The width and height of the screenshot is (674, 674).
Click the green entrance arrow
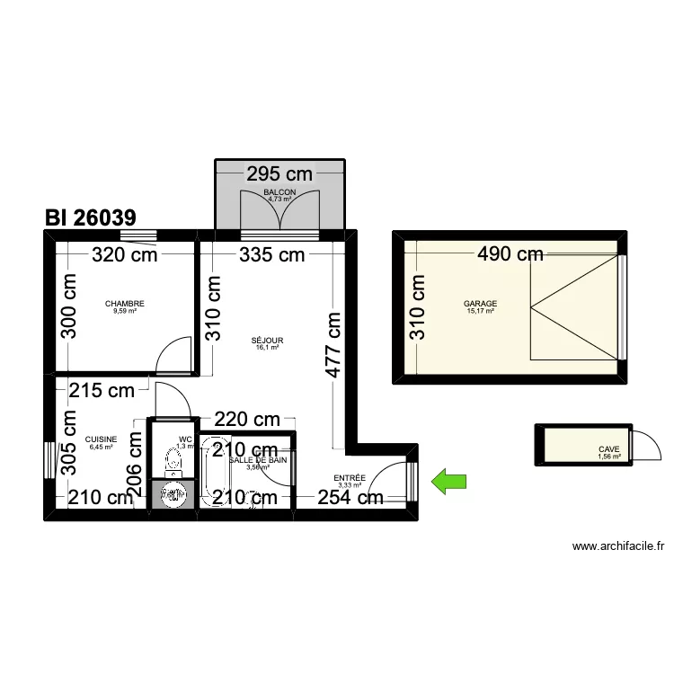450,482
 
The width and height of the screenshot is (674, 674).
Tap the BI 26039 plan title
90,217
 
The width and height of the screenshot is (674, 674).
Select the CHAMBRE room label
124,304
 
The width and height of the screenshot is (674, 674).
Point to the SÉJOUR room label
267,341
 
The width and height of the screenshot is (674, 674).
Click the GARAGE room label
480,304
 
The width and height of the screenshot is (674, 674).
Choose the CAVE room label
608,450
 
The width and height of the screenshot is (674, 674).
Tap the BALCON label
279,193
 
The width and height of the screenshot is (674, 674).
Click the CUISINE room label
101,439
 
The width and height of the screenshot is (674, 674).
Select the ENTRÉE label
350,478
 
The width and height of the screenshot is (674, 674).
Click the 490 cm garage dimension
510,254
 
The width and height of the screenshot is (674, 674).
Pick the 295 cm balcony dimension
279,174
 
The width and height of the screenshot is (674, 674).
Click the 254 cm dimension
350,497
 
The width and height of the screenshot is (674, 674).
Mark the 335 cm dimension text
271,254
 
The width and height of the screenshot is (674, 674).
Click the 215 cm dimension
102,390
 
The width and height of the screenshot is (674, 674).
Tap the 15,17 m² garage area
480,312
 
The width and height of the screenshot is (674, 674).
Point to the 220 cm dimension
246,419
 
